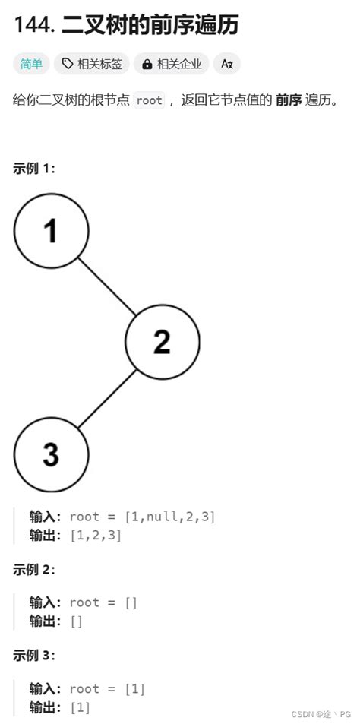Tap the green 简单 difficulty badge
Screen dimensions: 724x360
31,64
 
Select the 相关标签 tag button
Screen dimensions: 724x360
92,64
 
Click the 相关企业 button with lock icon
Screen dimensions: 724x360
172,64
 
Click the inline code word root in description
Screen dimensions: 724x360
149,100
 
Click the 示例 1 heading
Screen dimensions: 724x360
34,169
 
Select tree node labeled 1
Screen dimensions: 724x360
51,230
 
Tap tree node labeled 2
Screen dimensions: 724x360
162,343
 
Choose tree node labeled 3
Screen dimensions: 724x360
51,454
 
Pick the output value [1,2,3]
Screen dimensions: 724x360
95,535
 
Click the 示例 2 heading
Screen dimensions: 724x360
34,570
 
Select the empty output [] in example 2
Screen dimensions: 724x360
76,621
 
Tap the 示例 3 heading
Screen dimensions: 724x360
34,656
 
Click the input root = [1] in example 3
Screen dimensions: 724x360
106,689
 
